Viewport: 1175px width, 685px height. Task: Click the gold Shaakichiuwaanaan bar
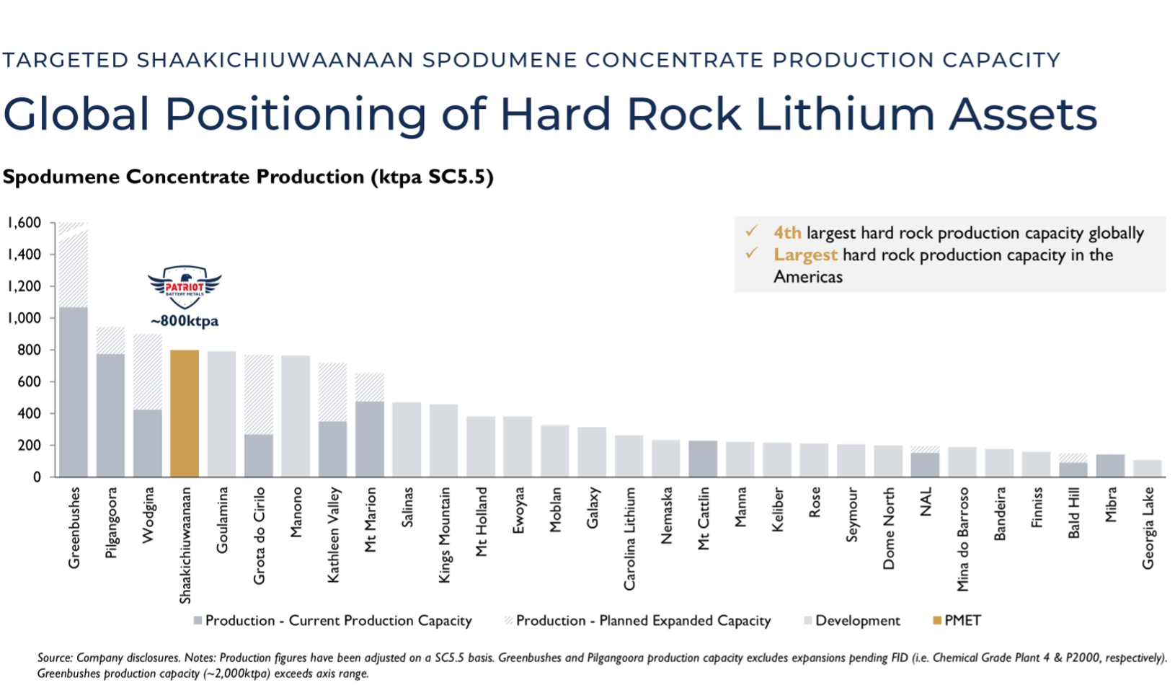(185, 413)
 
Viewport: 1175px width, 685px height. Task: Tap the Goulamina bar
(221, 414)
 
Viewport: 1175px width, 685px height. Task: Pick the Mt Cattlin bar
(703, 459)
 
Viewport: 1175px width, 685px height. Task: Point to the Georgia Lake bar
(1148, 469)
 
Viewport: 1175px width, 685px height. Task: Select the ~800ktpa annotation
(185, 321)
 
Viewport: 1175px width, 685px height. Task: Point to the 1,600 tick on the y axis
(25, 223)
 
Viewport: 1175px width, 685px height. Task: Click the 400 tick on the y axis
(29, 414)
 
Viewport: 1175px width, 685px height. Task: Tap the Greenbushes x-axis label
(74, 528)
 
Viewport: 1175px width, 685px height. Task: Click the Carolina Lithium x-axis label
(629, 539)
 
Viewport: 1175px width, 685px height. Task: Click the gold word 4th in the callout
(787, 233)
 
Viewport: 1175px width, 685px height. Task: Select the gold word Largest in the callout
(805, 255)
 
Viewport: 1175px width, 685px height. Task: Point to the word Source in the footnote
(54, 658)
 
